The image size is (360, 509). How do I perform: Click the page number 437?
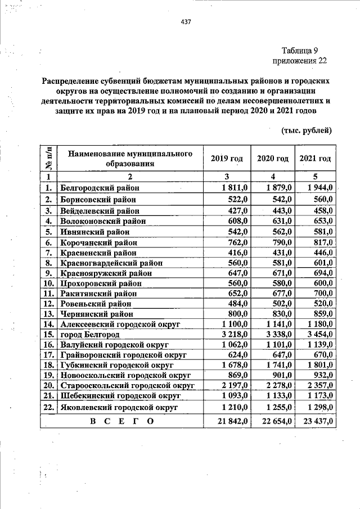[186, 22]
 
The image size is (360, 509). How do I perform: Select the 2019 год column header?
[226, 159]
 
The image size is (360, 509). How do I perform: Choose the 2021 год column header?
[315, 159]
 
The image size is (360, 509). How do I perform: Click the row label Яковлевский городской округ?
[119, 406]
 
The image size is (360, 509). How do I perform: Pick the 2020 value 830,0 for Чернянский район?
[280, 313]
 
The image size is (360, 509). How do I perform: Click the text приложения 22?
[299, 61]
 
